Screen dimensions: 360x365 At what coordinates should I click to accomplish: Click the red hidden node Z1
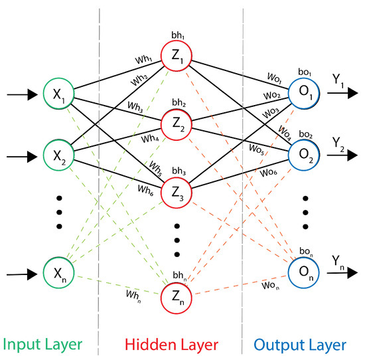point(177,56)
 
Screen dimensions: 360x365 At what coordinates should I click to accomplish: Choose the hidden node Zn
point(177,300)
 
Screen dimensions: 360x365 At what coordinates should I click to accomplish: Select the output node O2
point(303,157)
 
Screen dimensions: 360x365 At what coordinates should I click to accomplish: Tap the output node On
point(303,274)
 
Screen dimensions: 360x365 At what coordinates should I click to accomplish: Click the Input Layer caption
point(44,345)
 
